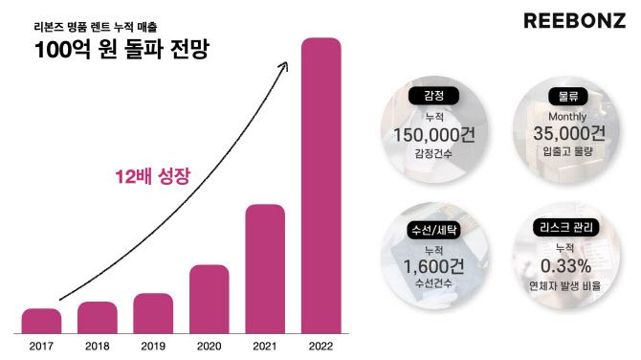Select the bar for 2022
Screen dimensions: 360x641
coord(320,187)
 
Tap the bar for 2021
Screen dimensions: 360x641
coord(265,268)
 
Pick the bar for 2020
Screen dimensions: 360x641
coord(209,299)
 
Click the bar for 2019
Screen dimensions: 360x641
coord(153,313)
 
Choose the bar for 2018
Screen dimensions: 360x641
coord(98,317)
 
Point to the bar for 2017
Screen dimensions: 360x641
coord(41,321)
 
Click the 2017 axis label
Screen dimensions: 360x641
coord(41,346)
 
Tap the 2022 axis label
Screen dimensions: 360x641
coord(320,346)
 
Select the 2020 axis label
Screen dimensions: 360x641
coord(209,346)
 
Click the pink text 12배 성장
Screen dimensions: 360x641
coord(151,176)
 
